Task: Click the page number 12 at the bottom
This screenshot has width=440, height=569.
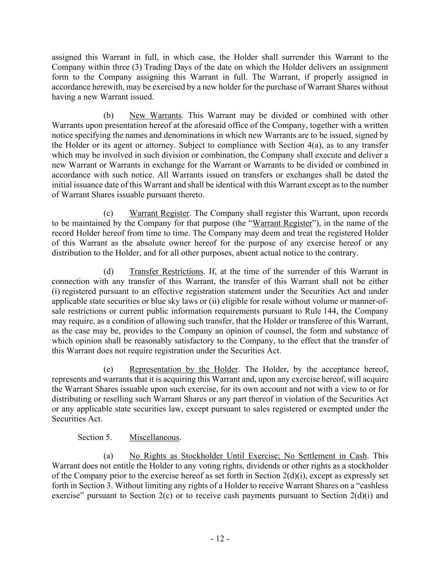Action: click(220, 539)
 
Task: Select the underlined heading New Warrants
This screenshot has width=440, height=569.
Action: click(155, 115)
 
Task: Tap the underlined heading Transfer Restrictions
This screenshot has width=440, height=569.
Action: click(166, 272)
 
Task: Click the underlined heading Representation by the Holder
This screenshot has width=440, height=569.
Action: click(184, 369)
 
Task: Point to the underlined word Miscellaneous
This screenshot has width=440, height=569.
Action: click(154, 437)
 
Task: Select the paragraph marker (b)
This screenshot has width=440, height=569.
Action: click(108, 115)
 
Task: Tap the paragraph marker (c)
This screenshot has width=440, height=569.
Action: click(108, 213)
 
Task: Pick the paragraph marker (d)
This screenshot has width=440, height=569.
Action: click(108, 272)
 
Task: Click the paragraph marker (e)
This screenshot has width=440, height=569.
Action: click(108, 369)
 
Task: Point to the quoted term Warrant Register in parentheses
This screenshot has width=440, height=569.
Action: click(282, 223)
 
